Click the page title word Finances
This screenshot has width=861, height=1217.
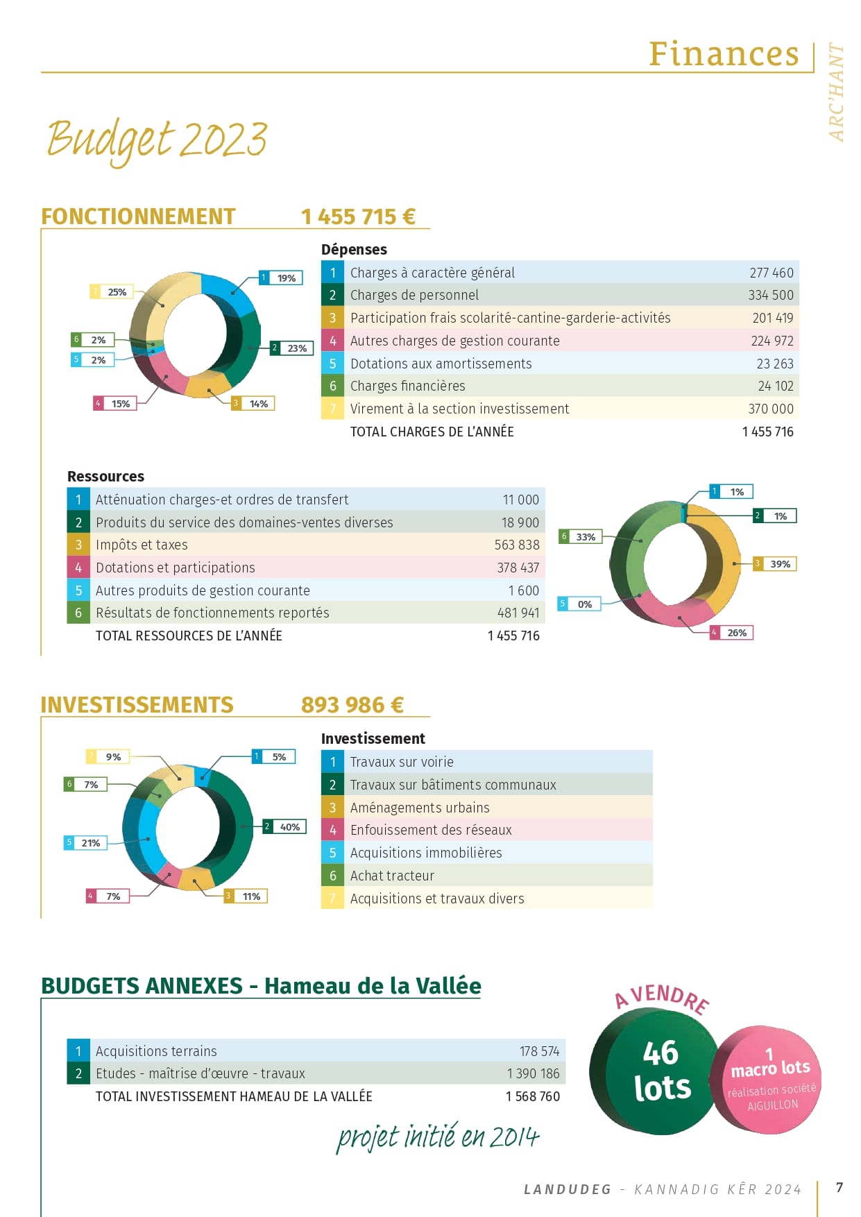point(724,54)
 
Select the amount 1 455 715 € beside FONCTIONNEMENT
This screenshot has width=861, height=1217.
point(358,216)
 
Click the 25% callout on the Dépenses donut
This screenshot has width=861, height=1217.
point(111,292)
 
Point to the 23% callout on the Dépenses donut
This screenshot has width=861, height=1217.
point(291,348)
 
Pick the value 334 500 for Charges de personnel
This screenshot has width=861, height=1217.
point(771,295)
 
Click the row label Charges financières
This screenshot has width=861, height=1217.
point(407,386)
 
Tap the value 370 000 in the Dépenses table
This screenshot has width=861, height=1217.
point(771,409)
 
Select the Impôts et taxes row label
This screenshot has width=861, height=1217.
point(142,545)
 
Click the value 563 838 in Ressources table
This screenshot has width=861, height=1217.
point(517,545)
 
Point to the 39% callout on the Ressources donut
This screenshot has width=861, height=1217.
point(775,564)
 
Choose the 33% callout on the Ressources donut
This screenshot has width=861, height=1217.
point(580,536)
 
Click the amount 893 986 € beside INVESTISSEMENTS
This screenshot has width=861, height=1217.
point(352,705)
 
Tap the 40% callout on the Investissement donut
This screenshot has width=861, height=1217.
point(284,826)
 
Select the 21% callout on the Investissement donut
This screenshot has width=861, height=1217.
point(85,843)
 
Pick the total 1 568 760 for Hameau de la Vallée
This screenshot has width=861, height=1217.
point(533,1096)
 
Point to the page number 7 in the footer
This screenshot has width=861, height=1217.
point(839,1187)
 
